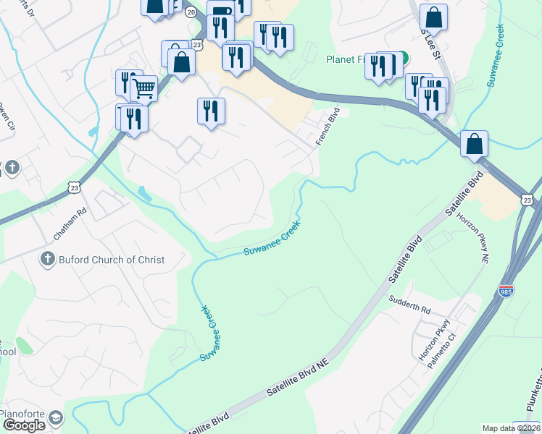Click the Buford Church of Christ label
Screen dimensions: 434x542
tap(112, 260)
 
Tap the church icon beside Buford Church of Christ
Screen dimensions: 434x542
tap(48, 259)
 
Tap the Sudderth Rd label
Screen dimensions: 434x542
tap(409, 304)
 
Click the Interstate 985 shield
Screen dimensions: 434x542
tap(506, 291)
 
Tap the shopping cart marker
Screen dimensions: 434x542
tap(144, 88)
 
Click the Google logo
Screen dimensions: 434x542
tap(24, 425)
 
